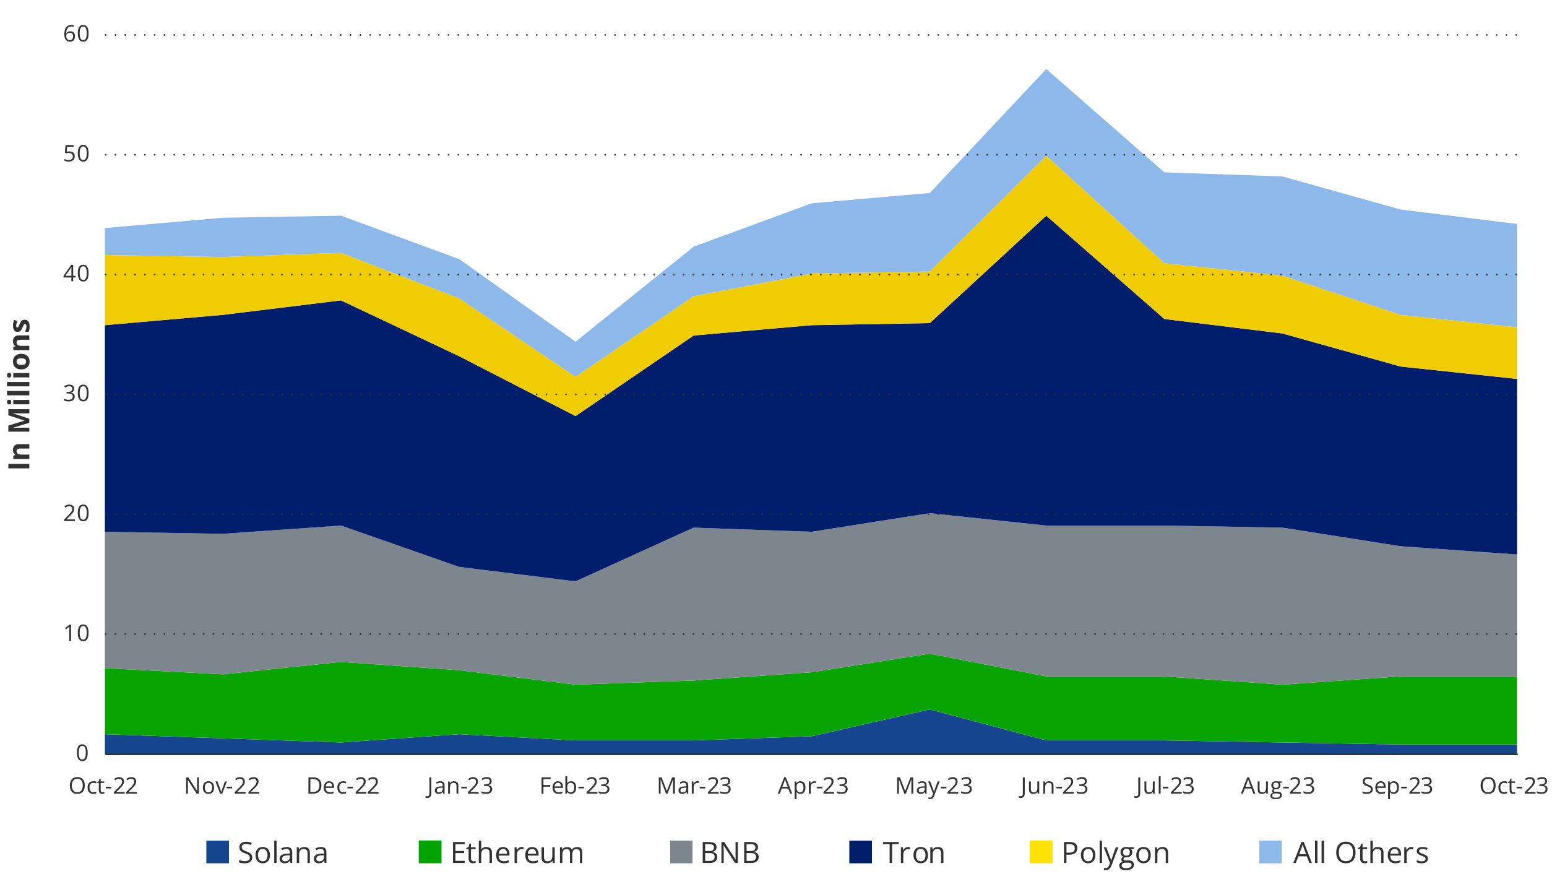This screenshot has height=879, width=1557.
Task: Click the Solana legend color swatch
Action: point(217,852)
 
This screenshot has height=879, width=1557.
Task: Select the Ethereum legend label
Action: point(517,853)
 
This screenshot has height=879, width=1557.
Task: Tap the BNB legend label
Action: point(730,853)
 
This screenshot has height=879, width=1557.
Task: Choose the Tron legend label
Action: point(913,853)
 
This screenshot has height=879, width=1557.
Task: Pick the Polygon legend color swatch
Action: point(1041,852)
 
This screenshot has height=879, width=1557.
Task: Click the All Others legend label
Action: point(1360,853)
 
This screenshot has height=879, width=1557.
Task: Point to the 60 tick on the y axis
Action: point(76,34)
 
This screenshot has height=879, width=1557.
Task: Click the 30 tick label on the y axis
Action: point(76,394)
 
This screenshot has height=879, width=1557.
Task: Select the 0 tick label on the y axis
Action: point(82,753)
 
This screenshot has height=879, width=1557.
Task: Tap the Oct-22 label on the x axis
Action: point(103,786)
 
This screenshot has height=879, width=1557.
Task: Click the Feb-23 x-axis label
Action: point(575,786)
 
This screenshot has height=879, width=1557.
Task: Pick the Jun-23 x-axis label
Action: point(1054,786)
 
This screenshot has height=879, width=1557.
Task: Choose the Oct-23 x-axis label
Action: point(1514,786)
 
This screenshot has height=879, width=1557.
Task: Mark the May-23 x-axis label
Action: point(934,786)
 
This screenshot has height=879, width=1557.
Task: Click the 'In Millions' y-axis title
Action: point(19,394)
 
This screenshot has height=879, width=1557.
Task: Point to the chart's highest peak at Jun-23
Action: point(1046,70)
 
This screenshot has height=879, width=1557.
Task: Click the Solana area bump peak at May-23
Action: point(929,710)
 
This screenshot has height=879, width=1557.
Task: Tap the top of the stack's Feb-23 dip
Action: point(576,342)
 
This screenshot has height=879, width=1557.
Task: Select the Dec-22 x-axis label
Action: point(343,786)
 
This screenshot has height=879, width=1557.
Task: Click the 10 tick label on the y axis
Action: point(76,633)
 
